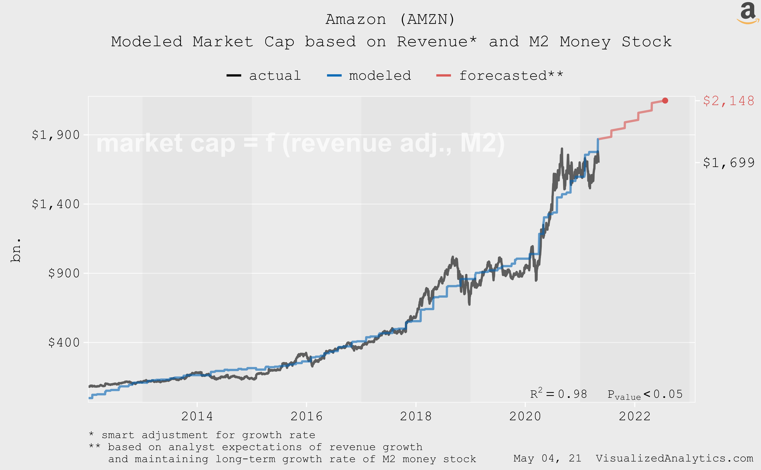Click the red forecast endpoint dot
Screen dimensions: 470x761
tap(665, 100)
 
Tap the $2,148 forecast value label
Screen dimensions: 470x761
tap(728, 101)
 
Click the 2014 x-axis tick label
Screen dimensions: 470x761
tap(197, 416)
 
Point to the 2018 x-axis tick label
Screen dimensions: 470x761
tap(416, 416)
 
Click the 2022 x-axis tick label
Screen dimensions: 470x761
tap(634, 416)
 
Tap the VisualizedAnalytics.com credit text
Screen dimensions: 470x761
tap(674, 458)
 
